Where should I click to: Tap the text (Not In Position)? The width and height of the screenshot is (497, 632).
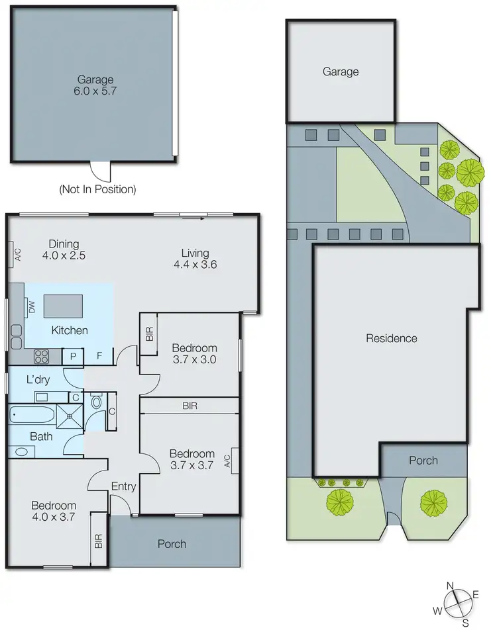coord(97,189)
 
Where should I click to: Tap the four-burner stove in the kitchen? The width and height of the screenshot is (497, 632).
coord(41,357)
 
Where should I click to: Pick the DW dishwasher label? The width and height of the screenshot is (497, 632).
coord(31,306)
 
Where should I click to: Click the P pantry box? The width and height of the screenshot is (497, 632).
coord(72,357)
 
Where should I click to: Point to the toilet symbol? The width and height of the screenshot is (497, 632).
coord(96,402)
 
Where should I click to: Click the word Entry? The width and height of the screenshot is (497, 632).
coord(123,486)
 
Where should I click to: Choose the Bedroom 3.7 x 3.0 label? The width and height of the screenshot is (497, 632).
coord(194,354)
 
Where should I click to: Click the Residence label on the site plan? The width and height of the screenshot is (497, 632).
coord(392,338)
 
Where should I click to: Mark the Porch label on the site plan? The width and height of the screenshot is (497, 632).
coord(423,460)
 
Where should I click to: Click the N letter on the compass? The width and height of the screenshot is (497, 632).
coord(450,585)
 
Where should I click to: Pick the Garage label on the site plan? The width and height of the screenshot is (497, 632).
coord(341,71)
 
